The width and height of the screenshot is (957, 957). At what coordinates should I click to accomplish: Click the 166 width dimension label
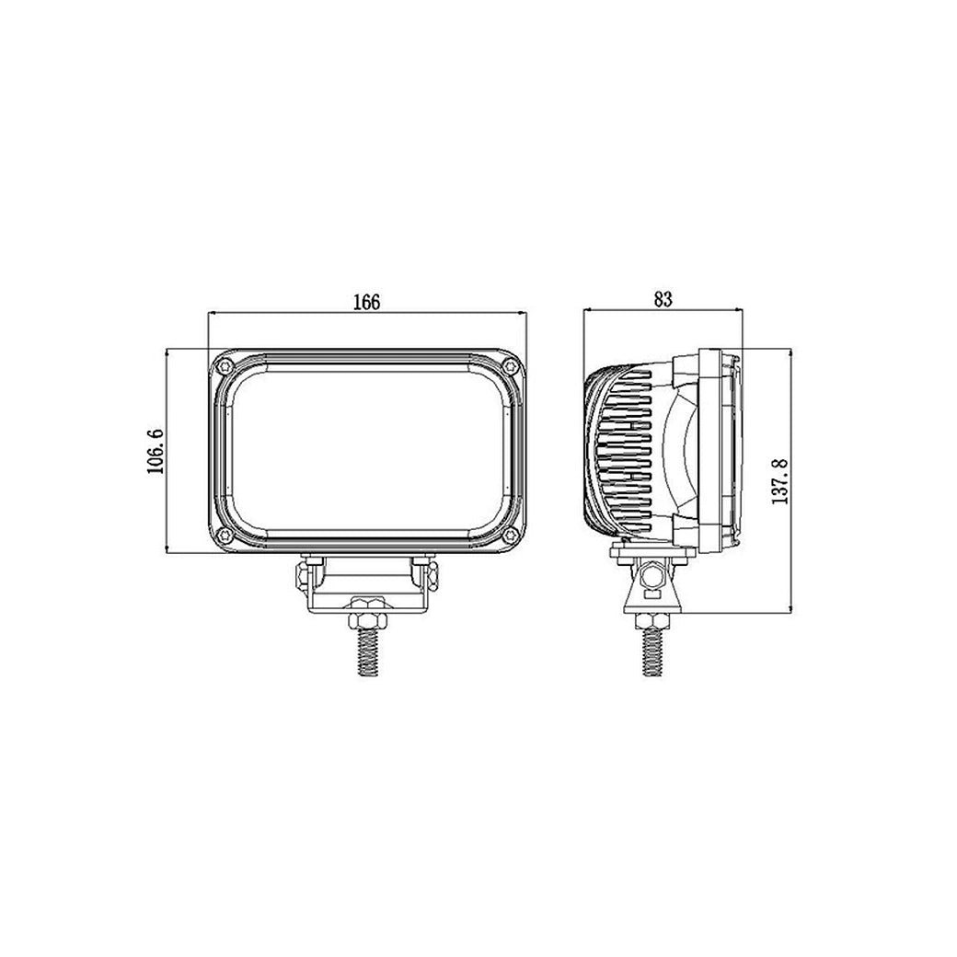click(x=366, y=301)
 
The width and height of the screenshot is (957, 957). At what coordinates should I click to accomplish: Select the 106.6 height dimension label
click(x=155, y=450)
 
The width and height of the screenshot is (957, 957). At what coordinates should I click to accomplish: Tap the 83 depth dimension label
click(x=663, y=298)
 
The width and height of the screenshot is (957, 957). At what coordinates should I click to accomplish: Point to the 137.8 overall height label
click(x=778, y=478)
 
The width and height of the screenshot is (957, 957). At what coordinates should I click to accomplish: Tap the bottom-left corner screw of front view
click(x=222, y=536)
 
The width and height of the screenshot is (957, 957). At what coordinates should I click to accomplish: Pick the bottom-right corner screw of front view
click(x=511, y=536)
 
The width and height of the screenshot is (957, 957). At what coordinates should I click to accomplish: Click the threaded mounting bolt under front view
click(x=366, y=649)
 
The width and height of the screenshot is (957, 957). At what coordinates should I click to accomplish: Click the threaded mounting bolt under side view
click(x=651, y=649)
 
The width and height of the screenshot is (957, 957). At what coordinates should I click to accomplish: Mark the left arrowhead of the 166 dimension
click(x=213, y=314)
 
